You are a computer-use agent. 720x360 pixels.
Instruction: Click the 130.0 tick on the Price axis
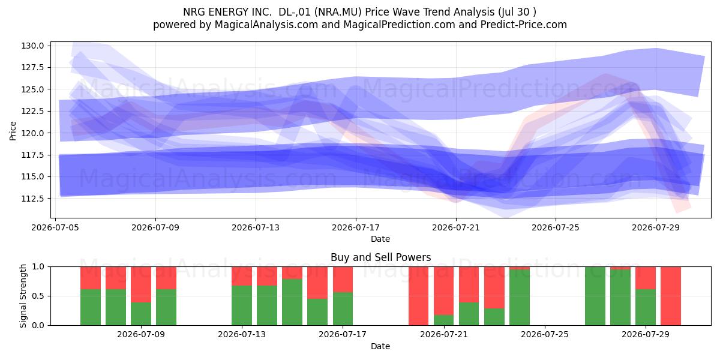click(32, 46)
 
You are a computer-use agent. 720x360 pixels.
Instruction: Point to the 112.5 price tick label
click(32, 199)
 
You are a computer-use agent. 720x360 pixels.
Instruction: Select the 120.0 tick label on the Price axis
click(32, 133)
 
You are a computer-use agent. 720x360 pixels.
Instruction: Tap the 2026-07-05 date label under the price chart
click(55, 227)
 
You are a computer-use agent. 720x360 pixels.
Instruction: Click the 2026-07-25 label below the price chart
click(556, 227)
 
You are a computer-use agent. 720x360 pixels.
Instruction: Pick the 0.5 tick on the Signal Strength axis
click(38, 296)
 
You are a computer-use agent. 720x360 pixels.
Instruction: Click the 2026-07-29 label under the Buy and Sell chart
click(646, 334)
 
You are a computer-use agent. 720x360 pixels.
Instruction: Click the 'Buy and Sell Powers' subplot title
click(380, 257)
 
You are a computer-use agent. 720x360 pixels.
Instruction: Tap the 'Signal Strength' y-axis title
click(23, 296)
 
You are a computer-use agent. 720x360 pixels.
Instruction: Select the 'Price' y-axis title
click(13, 131)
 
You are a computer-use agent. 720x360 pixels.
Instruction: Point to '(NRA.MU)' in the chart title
click(338, 12)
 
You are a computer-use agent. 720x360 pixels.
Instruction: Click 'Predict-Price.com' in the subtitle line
click(524, 25)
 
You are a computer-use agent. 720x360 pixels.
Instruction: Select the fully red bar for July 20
click(419, 296)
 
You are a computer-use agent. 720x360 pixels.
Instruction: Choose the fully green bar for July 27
click(595, 296)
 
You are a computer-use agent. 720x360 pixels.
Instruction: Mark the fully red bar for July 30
click(671, 296)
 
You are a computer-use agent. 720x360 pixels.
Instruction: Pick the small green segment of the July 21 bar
click(443, 320)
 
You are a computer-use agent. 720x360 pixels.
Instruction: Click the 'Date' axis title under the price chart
click(380, 239)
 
